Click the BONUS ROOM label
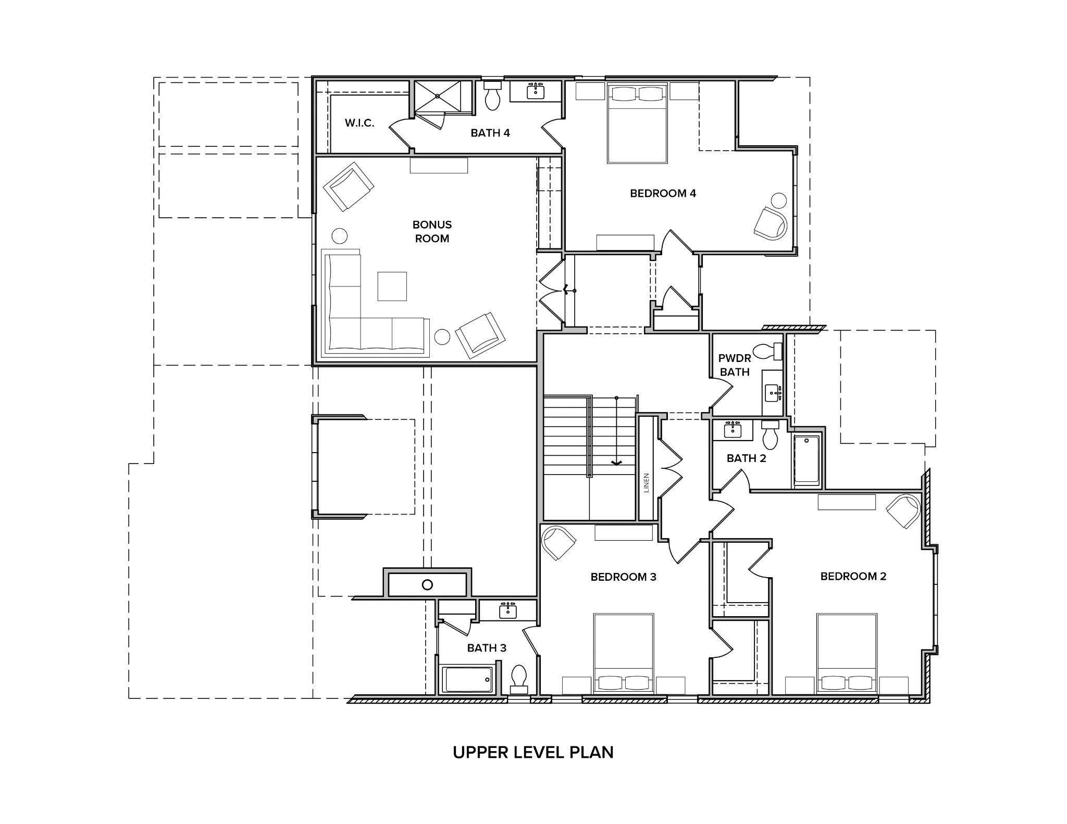click(432, 232)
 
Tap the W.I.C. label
click(359, 123)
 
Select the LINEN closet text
click(647, 482)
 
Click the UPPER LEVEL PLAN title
click(533, 753)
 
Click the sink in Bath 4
click(535, 92)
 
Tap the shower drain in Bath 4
click(438, 96)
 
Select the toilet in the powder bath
click(768, 352)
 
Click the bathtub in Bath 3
click(467, 680)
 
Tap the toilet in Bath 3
click(519, 678)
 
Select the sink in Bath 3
click(507, 611)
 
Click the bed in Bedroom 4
click(637, 123)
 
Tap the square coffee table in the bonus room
click(392, 286)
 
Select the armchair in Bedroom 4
click(771, 223)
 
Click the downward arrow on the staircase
click(616, 461)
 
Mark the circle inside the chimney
click(427, 584)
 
